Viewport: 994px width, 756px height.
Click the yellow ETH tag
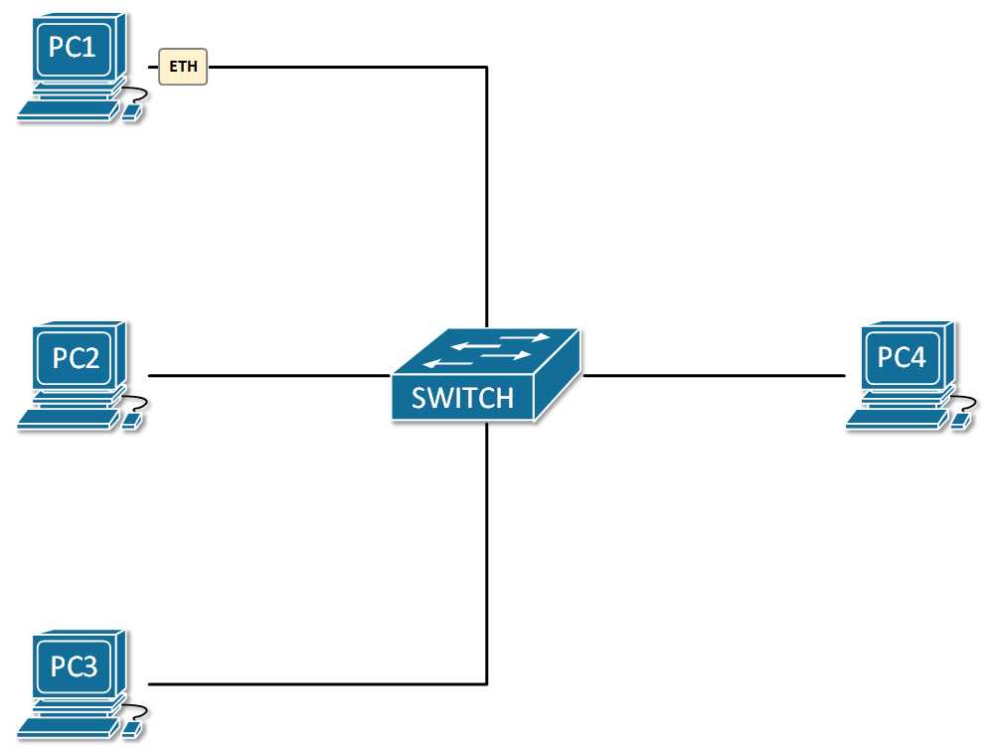[x=183, y=68]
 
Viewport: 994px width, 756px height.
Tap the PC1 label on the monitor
[x=73, y=47]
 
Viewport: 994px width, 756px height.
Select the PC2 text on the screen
[x=76, y=357]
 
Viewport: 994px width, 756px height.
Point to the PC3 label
[x=75, y=665]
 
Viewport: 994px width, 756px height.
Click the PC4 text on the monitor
[x=903, y=356]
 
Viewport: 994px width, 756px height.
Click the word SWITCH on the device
[x=462, y=398]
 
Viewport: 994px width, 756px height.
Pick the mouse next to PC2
[x=130, y=423]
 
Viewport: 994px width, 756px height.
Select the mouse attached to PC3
[x=130, y=731]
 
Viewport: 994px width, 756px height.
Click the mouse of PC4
[x=959, y=422]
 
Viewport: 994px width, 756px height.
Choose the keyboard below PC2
[x=67, y=422]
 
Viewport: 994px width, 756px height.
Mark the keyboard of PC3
[x=67, y=730]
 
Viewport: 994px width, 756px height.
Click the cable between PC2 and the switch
[x=268, y=376]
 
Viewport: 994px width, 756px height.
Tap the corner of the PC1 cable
[x=486, y=68]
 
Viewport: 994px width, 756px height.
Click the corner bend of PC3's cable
[x=486, y=683]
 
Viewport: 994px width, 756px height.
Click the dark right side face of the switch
[x=557, y=383]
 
